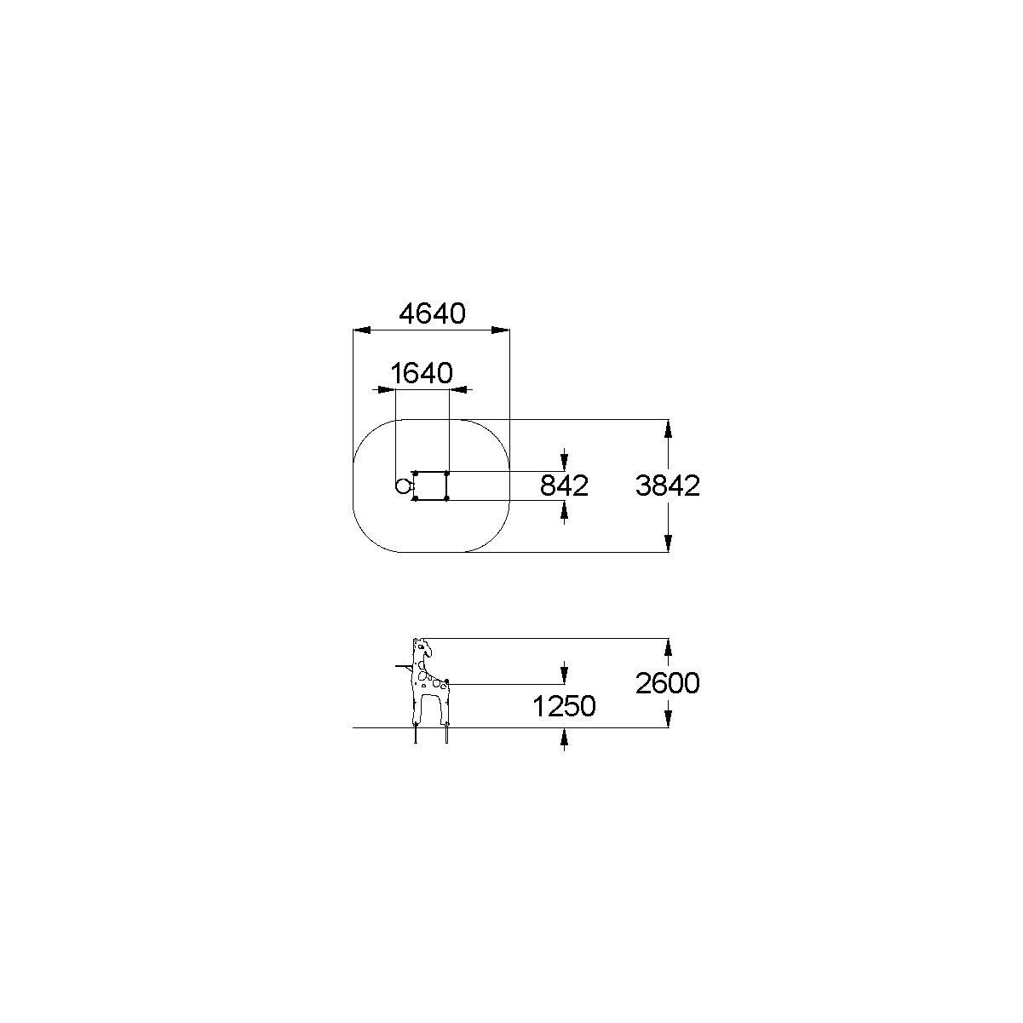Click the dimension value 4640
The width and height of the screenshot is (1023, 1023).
click(x=432, y=313)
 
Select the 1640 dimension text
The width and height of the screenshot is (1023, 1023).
click(x=422, y=373)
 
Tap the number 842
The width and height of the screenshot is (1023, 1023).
click(x=564, y=486)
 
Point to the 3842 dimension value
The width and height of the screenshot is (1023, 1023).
click(x=668, y=486)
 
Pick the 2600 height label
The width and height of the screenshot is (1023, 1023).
click(x=668, y=683)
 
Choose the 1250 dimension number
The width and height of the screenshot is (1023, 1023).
click(x=564, y=707)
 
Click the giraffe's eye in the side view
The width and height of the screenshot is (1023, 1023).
click(x=422, y=647)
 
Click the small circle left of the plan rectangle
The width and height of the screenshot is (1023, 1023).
click(x=403, y=486)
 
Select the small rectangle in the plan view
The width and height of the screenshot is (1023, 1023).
click(x=430, y=486)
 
